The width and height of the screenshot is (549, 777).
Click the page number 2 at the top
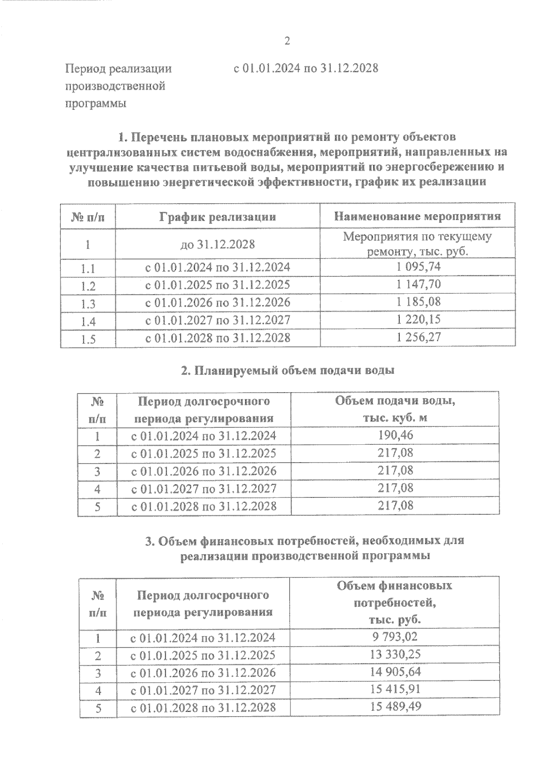point(287,42)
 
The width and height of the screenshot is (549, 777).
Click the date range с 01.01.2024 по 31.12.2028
point(306,69)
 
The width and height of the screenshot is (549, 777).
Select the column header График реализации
point(217,216)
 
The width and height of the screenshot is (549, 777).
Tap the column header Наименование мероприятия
point(417,216)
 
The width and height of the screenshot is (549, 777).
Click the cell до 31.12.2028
point(217,244)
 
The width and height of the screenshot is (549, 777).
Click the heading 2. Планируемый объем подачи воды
point(287,371)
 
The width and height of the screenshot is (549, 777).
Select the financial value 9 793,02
point(395,637)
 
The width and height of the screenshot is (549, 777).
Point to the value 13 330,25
point(395,654)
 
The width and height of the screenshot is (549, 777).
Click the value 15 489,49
point(395,706)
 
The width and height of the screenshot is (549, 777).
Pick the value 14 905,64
point(395,671)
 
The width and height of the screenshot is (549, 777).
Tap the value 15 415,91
point(395,689)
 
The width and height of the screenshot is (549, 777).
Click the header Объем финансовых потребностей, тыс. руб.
point(394,603)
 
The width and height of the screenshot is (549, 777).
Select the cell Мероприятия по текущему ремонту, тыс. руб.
point(417,244)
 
